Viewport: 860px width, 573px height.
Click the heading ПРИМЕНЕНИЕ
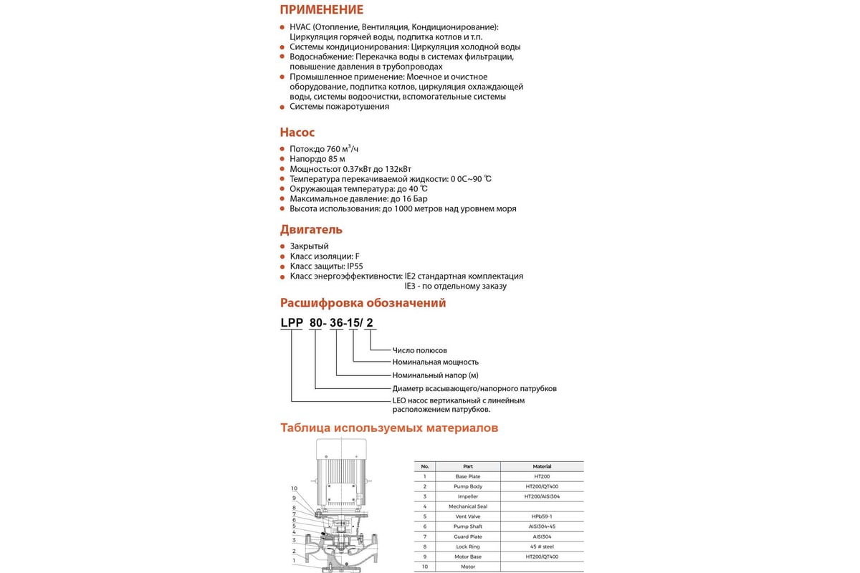coord(321,10)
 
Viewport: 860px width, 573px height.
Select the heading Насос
coord(297,133)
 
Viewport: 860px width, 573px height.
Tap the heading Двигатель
coord(311,230)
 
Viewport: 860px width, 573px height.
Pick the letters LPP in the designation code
coord(291,323)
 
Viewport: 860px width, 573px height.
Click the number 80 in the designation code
coord(316,323)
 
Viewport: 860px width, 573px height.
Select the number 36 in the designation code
coord(338,323)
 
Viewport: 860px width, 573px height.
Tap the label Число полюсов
coord(419,350)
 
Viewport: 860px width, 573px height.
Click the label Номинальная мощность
coord(435,362)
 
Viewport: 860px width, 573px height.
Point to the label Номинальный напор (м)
coord(434,375)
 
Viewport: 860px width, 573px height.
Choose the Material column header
coord(542,466)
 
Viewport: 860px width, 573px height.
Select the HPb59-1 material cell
coord(542,516)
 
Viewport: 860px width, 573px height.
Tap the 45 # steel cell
coord(542,546)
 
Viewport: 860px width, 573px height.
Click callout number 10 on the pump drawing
coord(294,488)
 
